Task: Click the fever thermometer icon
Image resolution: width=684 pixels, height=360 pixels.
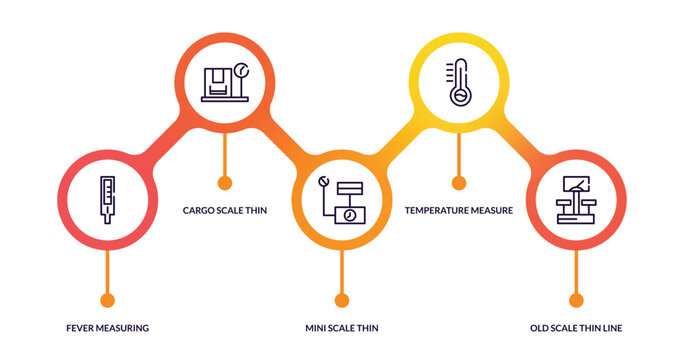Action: (x=107, y=200)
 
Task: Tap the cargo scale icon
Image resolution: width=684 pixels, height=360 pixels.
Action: (x=224, y=83)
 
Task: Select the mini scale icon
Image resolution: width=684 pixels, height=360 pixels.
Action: (x=341, y=200)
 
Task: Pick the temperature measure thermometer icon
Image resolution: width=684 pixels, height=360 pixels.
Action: (x=459, y=83)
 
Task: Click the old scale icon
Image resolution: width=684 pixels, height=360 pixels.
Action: (x=576, y=200)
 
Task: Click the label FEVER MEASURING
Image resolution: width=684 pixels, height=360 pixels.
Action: (x=107, y=328)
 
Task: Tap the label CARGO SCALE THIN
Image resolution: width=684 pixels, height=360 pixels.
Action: (x=224, y=211)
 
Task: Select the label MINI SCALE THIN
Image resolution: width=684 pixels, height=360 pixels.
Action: (x=341, y=328)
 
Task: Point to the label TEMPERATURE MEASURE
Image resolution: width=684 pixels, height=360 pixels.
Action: (x=459, y=211)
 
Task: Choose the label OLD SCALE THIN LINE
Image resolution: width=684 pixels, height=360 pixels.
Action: (x=576, y=328)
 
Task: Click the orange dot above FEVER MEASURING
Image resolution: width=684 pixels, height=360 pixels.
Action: (x=107, y=299)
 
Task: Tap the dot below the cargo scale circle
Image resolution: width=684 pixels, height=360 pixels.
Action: (x=224, y=183)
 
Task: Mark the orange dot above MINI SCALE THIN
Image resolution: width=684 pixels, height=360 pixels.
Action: (x=341, y=299)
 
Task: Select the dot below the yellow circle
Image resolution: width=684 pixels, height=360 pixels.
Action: (x=459, y=183)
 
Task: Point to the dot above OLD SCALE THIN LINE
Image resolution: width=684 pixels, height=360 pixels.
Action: (x=576, y=299)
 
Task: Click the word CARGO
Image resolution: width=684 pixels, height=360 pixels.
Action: (x=198, y=211)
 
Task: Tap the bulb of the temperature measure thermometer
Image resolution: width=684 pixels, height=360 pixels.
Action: (x=459, y=97)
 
